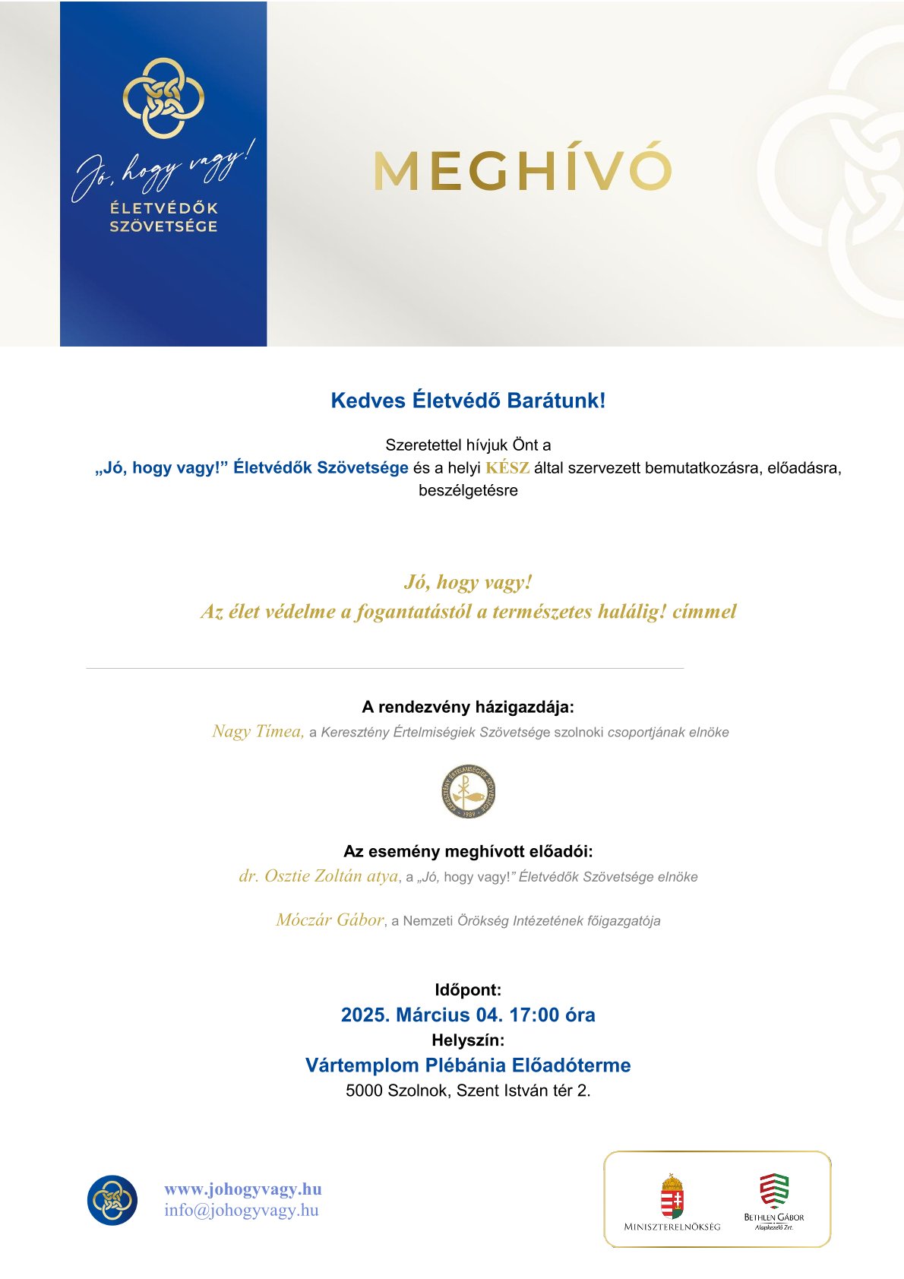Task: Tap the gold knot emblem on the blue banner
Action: coord(163,98)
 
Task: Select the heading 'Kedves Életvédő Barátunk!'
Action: coord(468,400)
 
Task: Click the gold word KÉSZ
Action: coord(507,467)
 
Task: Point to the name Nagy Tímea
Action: coord(258,731)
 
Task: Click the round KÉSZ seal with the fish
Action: coord(469,791)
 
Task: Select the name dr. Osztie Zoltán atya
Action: coord(318,875)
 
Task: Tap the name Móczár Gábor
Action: coord(330,920)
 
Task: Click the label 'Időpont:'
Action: coord(468,989)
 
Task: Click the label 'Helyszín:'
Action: coord(468,1040)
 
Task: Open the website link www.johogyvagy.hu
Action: coord(243,1189)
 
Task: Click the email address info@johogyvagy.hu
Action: coord(242,1210)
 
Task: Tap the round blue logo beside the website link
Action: coord(112,1200)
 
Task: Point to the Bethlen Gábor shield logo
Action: coord(774,1191)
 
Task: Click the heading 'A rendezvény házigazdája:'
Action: coord(468,707)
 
